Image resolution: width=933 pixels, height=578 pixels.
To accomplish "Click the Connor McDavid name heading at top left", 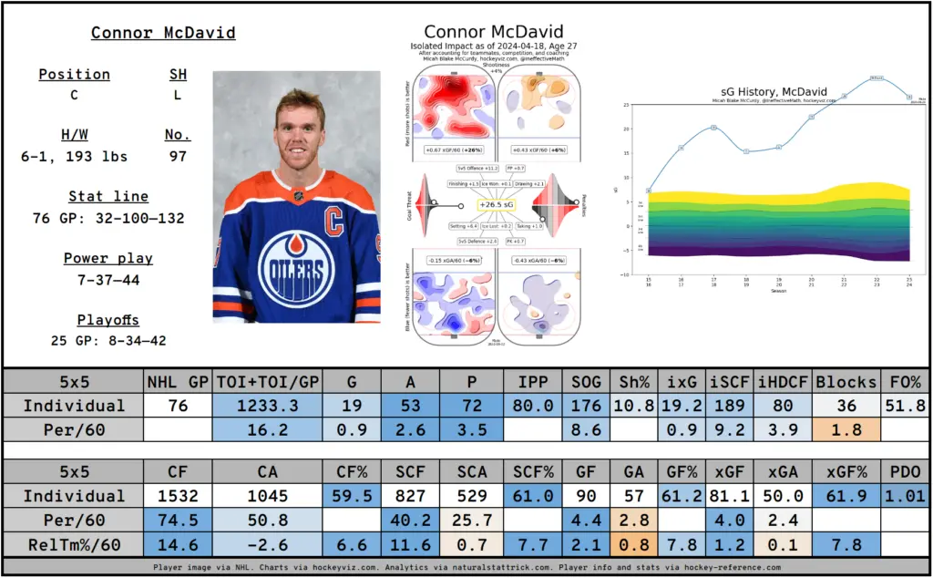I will tap(163, 33).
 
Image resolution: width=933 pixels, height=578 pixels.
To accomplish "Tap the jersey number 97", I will tap(178, 156).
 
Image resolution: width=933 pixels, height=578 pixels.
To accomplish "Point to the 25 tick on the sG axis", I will tap(626, 105).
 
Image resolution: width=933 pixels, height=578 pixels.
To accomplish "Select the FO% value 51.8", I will tap(905, 406).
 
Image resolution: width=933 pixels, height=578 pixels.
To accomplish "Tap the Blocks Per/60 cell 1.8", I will tap(846, 429).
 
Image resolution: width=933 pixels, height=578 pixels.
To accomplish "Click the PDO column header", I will tap(905, 472).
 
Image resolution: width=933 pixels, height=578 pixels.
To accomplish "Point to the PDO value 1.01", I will tap(905, 496).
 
